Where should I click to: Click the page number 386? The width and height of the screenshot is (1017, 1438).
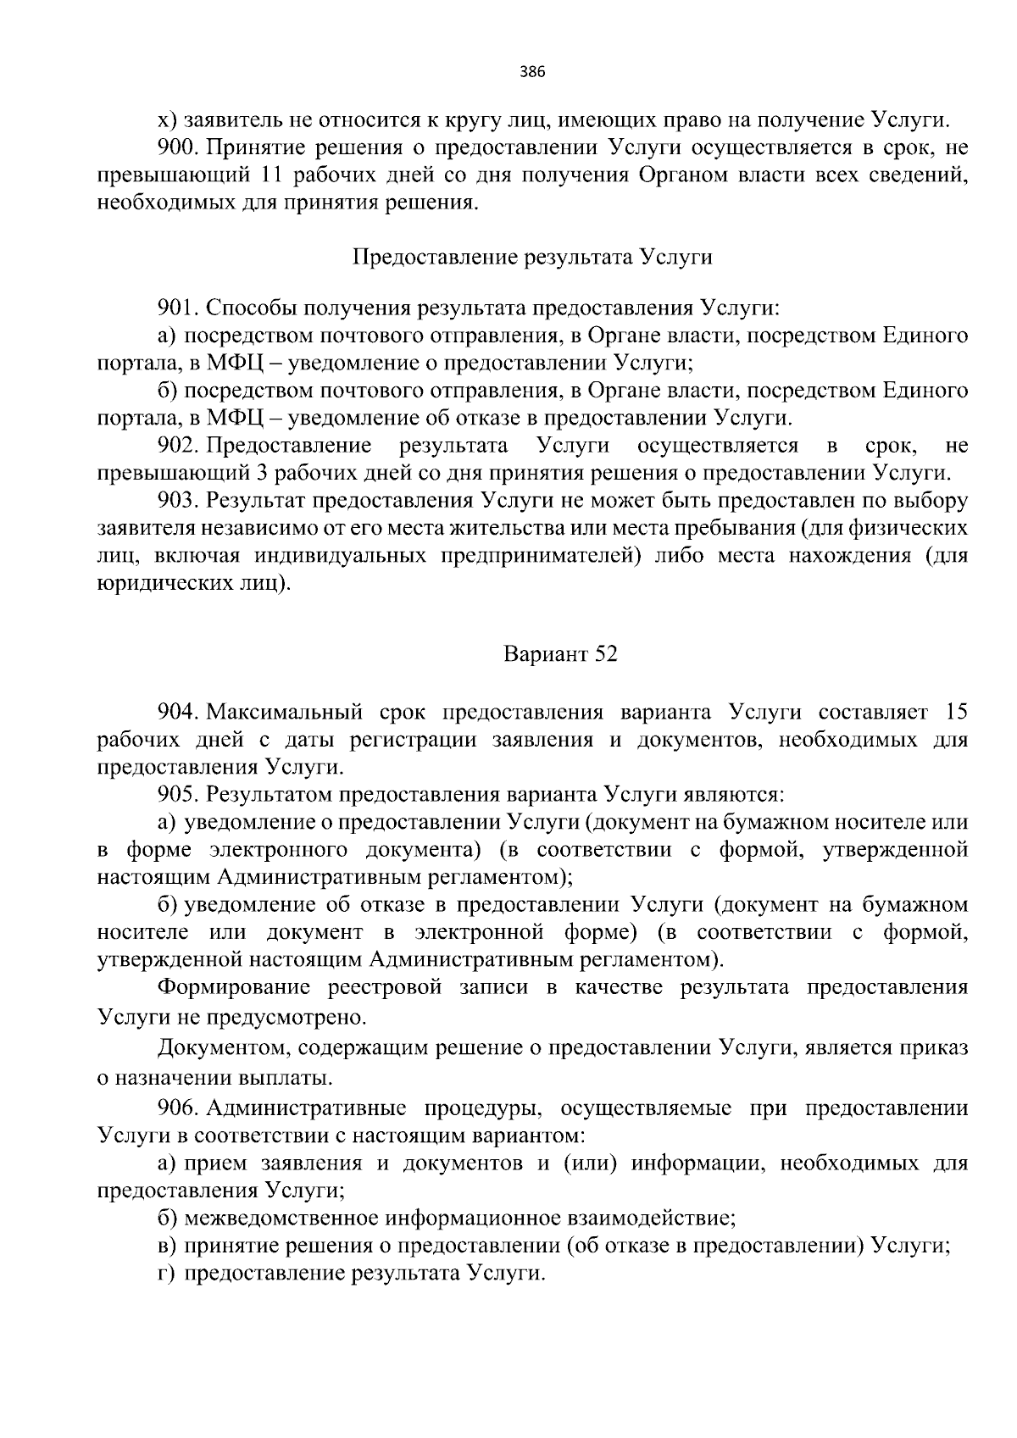tap(531, 72)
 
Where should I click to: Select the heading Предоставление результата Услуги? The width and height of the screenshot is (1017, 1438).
tap(531, 258)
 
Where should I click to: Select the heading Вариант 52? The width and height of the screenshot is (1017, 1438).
tap(560, 655)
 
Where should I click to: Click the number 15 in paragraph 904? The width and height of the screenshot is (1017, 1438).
tap(955, 712)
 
